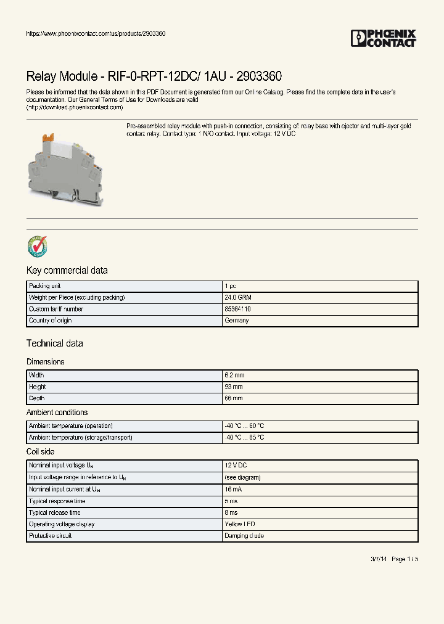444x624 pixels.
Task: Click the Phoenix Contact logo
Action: point(384,38)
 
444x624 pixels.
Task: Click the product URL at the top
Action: point(96,33)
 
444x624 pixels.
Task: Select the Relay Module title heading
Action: point(154,76)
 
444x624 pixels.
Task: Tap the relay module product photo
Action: point(67,163)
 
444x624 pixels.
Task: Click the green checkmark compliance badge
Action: point(37,246)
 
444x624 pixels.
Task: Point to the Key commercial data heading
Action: point(67,271)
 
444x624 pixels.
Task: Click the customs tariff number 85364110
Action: point(237,310)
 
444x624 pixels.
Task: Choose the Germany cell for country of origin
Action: point(237,321)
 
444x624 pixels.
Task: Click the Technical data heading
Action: point(54,343)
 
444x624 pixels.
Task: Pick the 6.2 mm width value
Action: point(234,376)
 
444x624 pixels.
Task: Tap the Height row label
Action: point(38,387)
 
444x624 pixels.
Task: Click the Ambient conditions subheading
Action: point(57,413)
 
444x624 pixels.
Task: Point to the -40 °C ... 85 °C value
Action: point(244,438)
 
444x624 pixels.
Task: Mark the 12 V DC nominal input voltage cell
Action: point(236,466)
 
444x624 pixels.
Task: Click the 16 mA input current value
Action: point(233,489)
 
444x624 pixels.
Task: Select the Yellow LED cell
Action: point(240,524)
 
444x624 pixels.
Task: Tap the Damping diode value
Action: point(244,536)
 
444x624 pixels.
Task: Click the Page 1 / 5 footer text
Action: point(405,559)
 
